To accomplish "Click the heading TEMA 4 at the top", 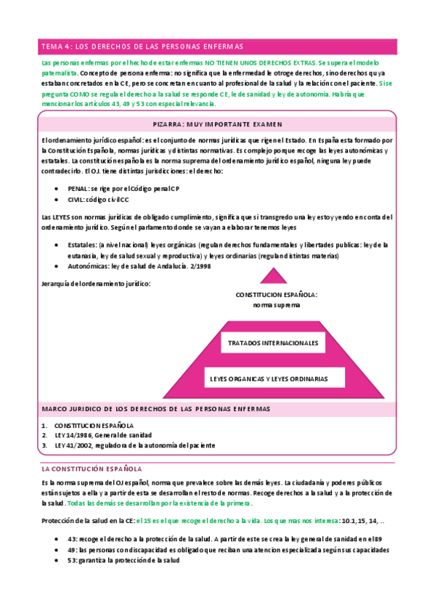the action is [x=142, y=46].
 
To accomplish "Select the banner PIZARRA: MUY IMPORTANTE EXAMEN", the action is [x=217, y=124].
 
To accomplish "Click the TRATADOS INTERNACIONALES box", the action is [x=273, y=342].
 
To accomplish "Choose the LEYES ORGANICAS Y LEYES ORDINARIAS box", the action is [x=269, y=378].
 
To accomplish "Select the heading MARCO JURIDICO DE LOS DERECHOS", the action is [x=156, y=409].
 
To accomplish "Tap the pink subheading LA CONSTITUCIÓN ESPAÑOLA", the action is [x=92, y=469].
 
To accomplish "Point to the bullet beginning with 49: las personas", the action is [x=229, y=550].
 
